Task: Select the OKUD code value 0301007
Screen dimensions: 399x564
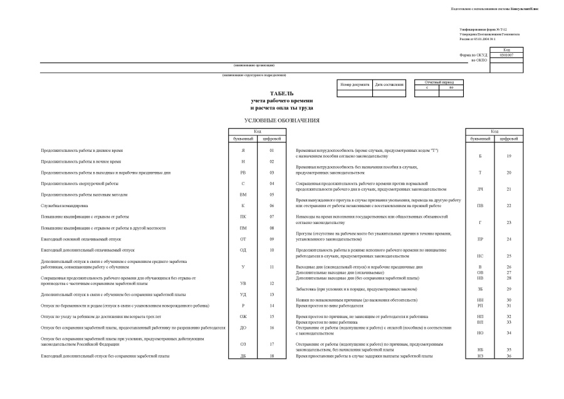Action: (x=507, y=55)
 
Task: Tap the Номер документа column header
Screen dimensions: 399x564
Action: (x=355, y=83)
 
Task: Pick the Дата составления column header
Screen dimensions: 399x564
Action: (x=389, y=83)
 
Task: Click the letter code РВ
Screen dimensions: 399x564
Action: (x=244, y=172)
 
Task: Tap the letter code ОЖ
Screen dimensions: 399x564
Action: (x=244, y=316)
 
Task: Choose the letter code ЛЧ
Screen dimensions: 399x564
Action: (x=480, y=189)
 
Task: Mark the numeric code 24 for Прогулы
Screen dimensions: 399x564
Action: (x=509, y=239)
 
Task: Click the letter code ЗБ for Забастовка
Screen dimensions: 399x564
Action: (x=480, y=289)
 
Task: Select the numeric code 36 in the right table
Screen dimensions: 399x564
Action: (x=509, y=356)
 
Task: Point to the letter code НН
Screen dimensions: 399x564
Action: (x=480, y=300)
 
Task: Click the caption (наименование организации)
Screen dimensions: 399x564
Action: (x=254, y=65)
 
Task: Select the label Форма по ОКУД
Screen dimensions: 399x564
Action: (x=473, y=55)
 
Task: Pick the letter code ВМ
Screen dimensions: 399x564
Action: (x=244, y=194)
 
